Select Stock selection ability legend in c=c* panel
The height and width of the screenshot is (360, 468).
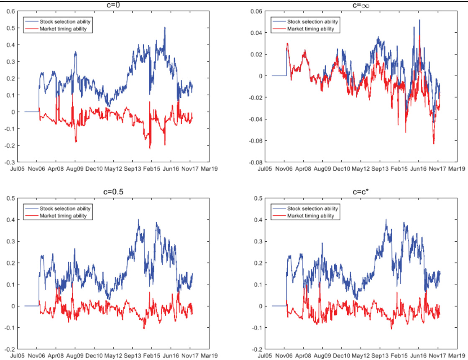pos(312,208)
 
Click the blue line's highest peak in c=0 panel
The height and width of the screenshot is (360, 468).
pos(165,28)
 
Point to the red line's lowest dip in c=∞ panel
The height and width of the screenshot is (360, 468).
pos(434,144)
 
